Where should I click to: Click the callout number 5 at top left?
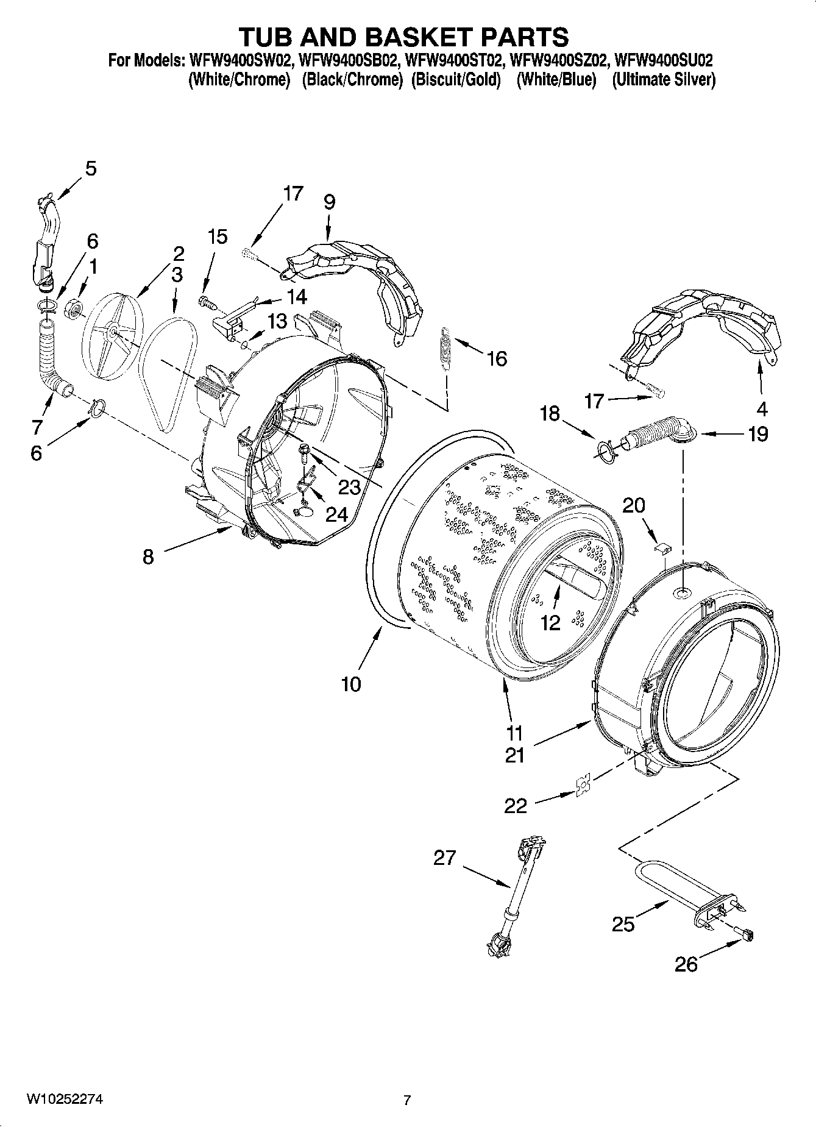[90, 168]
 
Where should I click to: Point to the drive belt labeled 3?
[168, 372]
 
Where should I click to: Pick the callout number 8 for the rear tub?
[149, 556]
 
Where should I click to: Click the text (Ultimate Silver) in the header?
[663, 80]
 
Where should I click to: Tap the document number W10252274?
[64, 1099]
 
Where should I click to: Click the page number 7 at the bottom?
[407, 1100]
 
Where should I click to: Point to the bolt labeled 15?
[205, 300]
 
